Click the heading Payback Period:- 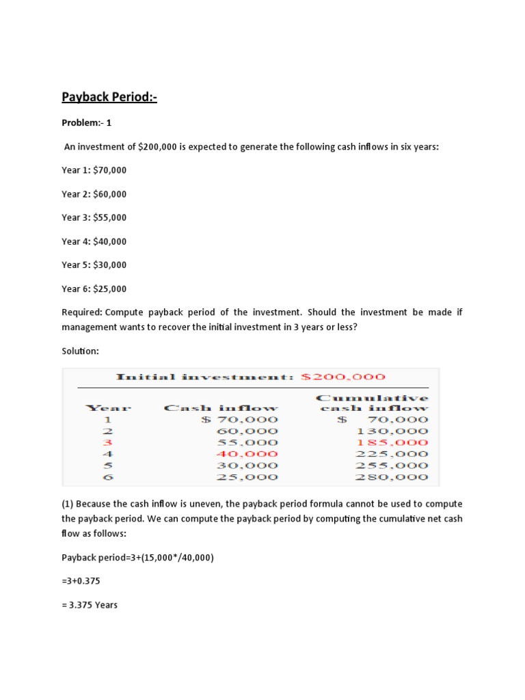[109, 97]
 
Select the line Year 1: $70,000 [94, 170]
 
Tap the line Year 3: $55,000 [94, 217]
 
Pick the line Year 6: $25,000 [94, 288]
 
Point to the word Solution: [80, 351]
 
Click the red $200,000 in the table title [343, 377]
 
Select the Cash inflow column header [221, 408]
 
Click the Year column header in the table [107, 408]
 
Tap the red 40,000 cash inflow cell [247, 454]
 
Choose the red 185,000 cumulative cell [392, 442]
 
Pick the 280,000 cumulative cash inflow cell [392, 477]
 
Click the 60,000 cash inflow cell [247, 431]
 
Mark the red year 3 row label [107, 442]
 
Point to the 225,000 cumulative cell [392, 454]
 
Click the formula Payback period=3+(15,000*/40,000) [137, 558]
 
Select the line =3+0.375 [84, 581]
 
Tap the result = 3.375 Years [90, 605]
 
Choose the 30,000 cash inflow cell [247, 466]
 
